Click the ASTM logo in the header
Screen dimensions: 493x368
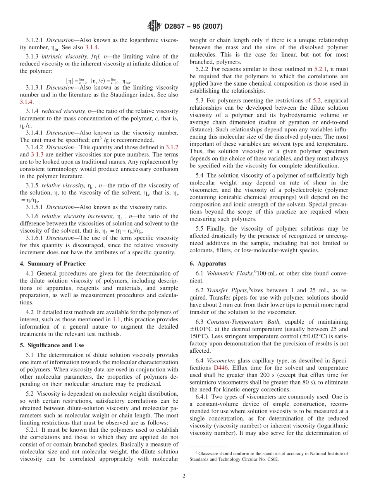(x=155, y=26)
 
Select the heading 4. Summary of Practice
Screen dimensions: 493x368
(x=53, y=264)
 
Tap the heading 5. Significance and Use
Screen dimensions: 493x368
(x=52, y=345)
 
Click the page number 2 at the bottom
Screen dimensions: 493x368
(x=184, y=476)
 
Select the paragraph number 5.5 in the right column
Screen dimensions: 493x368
(x=199, y=229)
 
